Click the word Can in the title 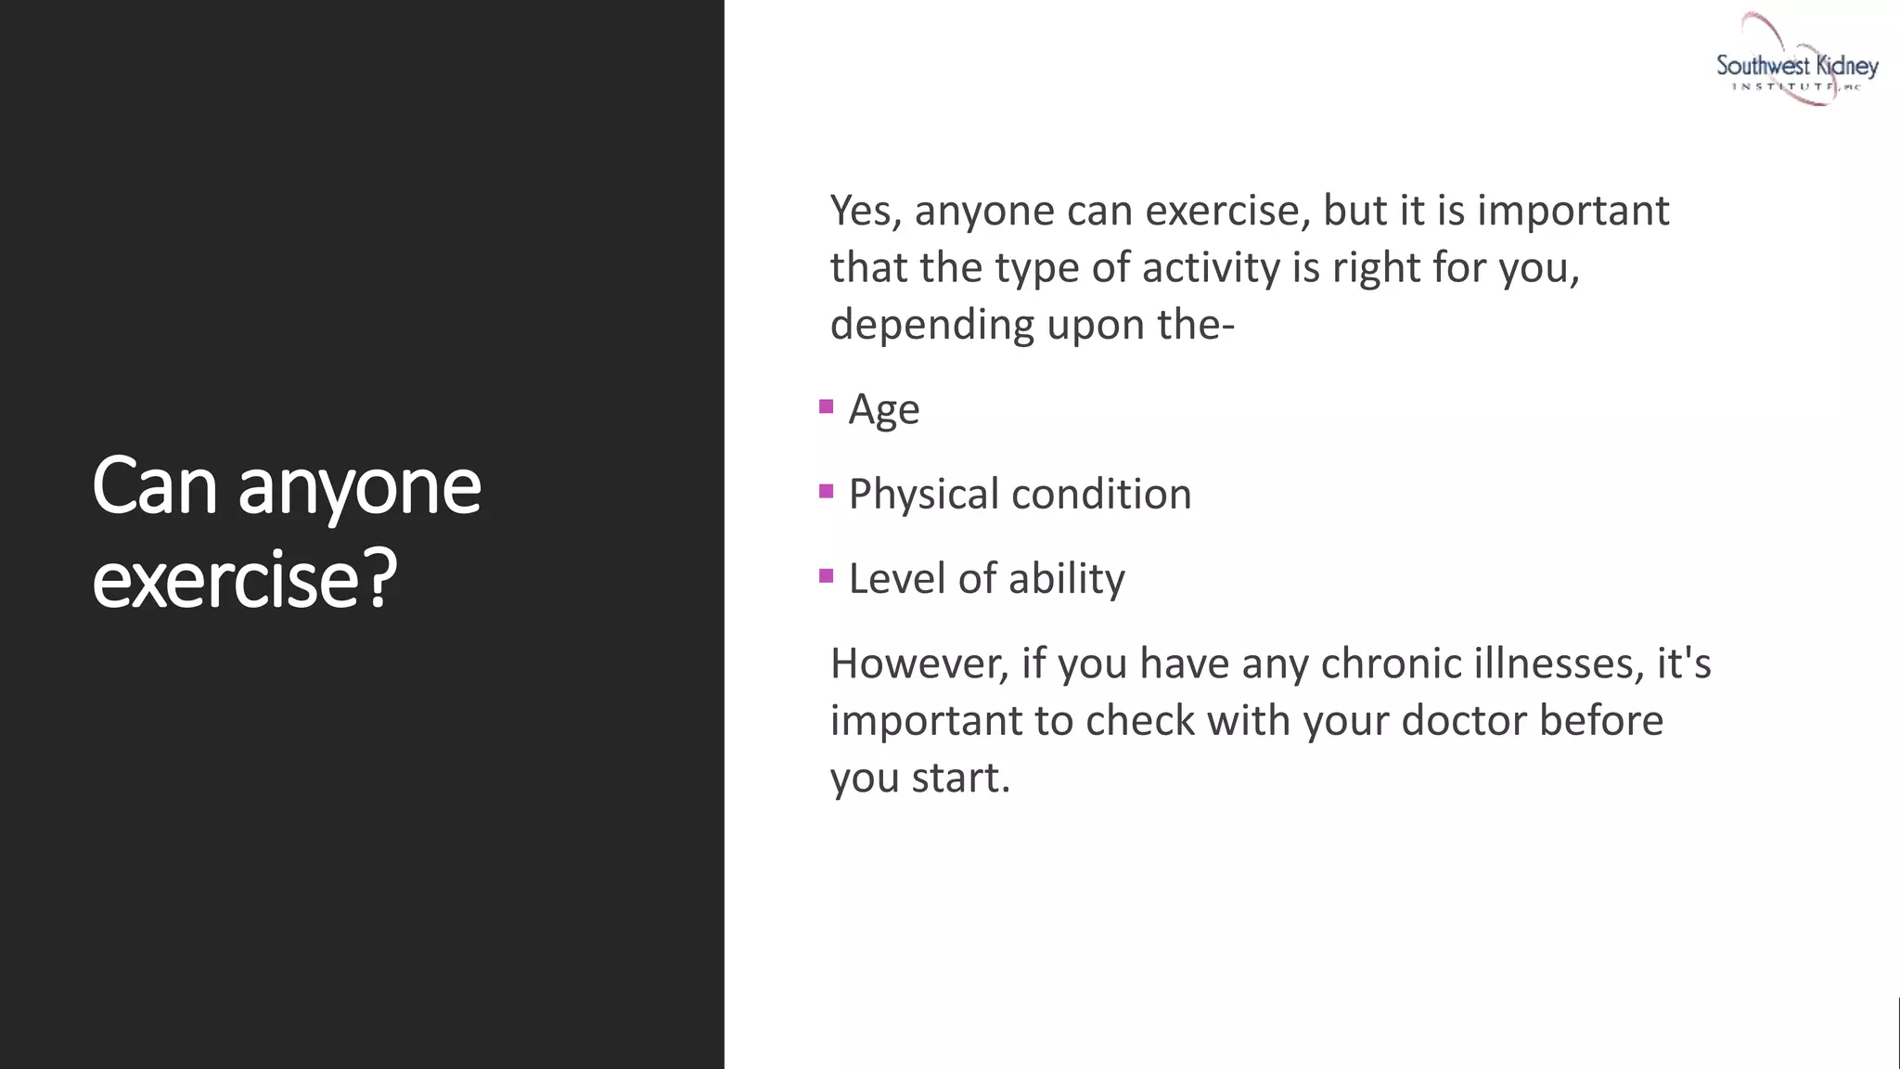pyautogui.click(x=154, y=486)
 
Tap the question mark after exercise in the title pyautogui.click(x=379, y=579)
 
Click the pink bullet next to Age pyautogui.click(x=827, y=406)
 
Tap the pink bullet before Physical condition pyautogui.click(x=827, y=491)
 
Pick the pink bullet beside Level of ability pyautogui.click(x=827, y=576)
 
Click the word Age pyautogui.click(x=884, y=410)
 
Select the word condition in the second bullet pyautogui.click(x=1101, y=494)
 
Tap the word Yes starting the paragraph pyautogui.click(x=866, y=211)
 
